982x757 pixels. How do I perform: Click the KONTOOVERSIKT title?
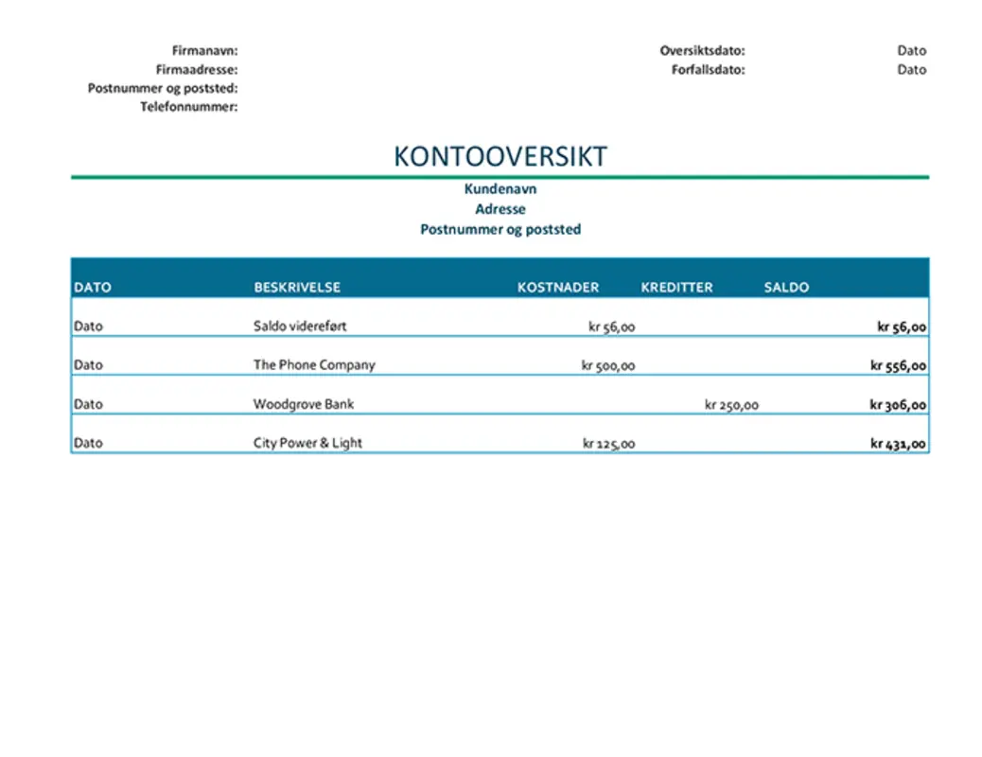click(x=500, y=156)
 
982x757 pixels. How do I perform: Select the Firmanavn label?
click(x=204, y=50)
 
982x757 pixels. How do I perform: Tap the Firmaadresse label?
click(x=197, y=69)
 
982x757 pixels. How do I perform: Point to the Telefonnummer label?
click(x=188, y=107)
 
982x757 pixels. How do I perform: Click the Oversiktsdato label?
click(x=702, y=50)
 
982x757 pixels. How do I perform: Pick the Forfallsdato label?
click(x=702, y=69)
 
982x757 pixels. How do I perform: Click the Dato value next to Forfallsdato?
click(x=911, y=69)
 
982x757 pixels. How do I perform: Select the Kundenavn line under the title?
click(x=500, y=189)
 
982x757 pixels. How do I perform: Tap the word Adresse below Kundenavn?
click(x=500, y=209)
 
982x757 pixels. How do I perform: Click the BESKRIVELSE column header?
click(x=297, y=288)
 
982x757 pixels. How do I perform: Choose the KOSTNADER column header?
click(x=558, y=288)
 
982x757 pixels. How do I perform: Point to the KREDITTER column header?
click(x=676, y=288)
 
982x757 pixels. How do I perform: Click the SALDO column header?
click(x=786, y=288)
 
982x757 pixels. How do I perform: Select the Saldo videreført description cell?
click(x=300, y=326)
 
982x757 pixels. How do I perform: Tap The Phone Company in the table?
click(x=314, y=365)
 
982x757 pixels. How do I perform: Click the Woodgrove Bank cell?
click(x=303, y=404)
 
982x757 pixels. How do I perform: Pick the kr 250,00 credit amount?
click(x=731, y=405)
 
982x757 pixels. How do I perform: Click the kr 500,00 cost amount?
click(x=608, y=366)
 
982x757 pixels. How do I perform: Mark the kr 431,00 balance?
click(x=898, y=444)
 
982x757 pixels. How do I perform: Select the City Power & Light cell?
click(x=307, y=443)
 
